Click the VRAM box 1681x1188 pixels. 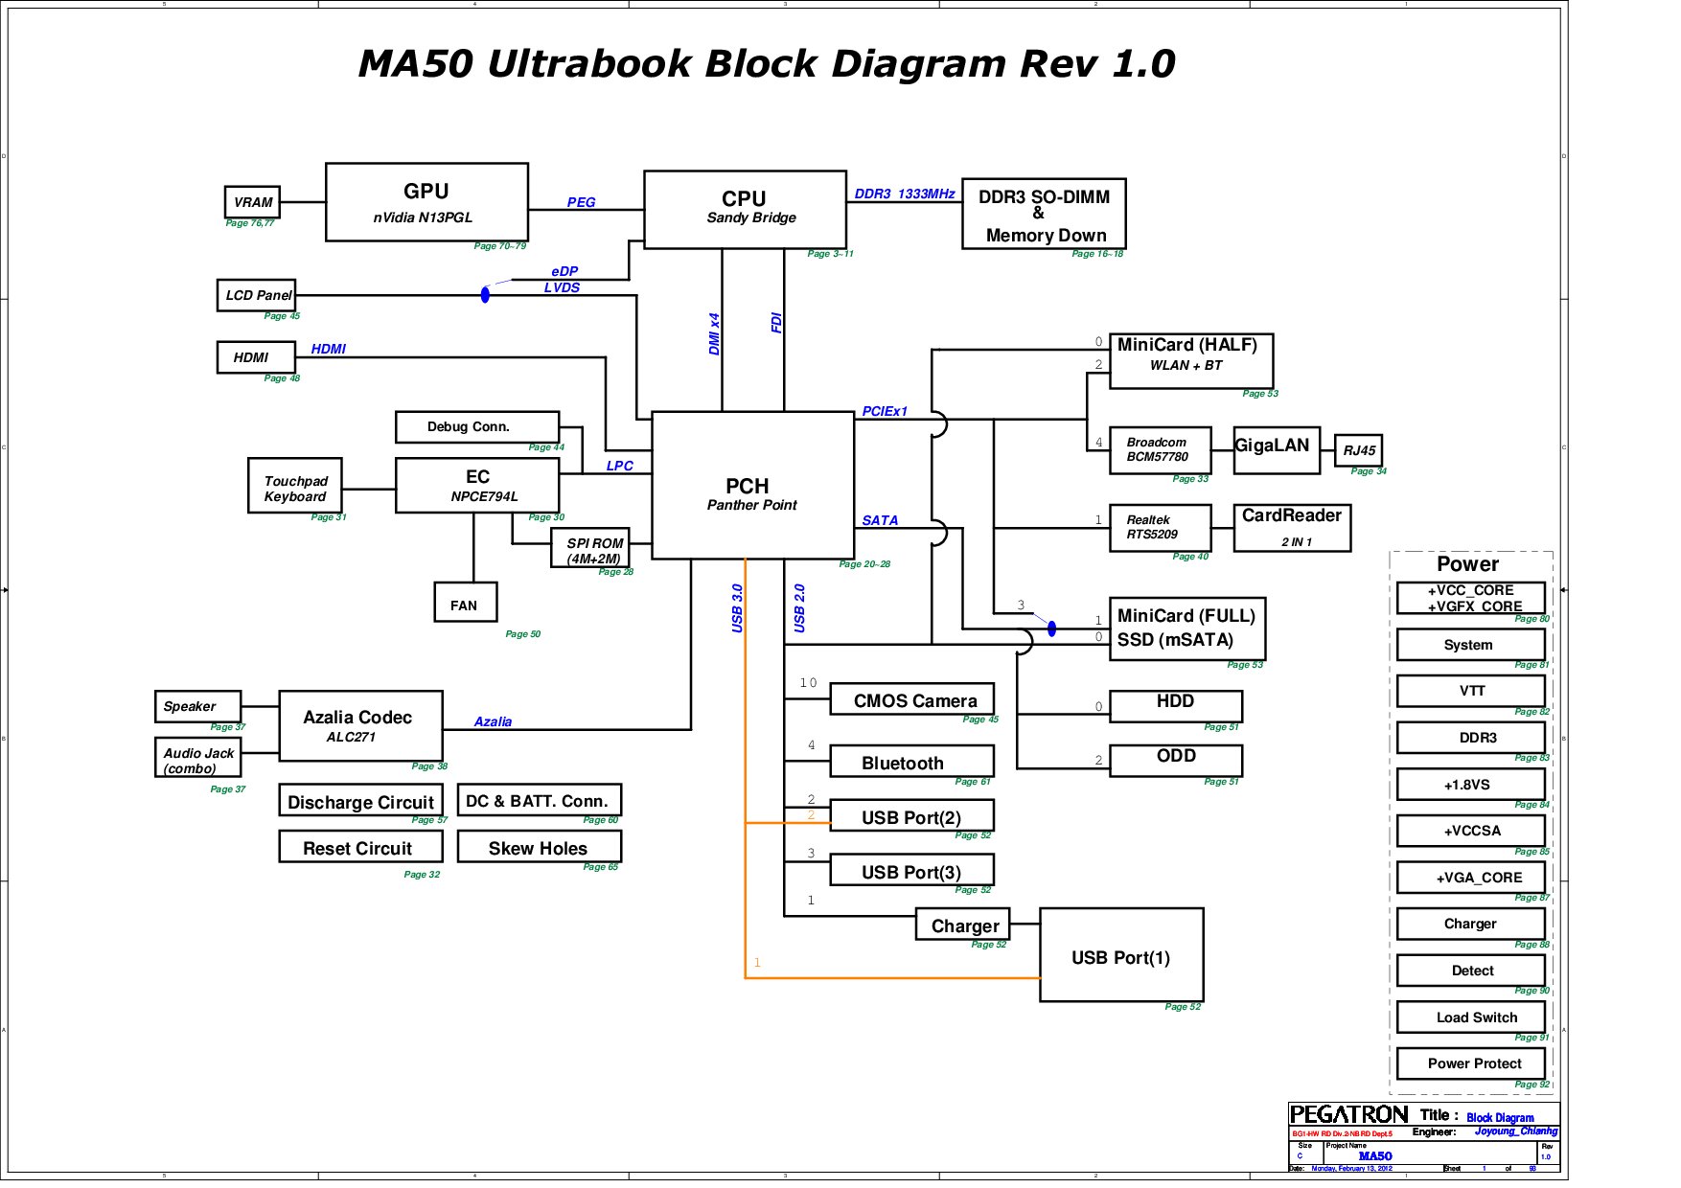(x=252, y=202)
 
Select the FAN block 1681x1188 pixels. (x=465, y=603)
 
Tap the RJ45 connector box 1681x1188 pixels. (x=1358, y=450)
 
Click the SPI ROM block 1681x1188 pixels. (x=590, y=548)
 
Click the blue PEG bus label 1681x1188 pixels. (x=581, y=202)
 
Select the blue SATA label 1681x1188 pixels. (x=880, y=520)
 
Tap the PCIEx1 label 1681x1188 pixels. (x=884, y=411)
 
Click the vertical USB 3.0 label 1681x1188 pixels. (x=737, y=607)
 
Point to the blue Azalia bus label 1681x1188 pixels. (x=493, y=721)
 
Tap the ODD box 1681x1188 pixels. (x=1175, y=759)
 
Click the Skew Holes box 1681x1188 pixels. (x=539, y=847)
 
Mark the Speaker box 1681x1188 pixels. (x=197, y=706)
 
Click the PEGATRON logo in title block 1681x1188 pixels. (x=1348, y=1114)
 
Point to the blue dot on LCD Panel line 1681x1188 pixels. (x=485, y=294)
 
